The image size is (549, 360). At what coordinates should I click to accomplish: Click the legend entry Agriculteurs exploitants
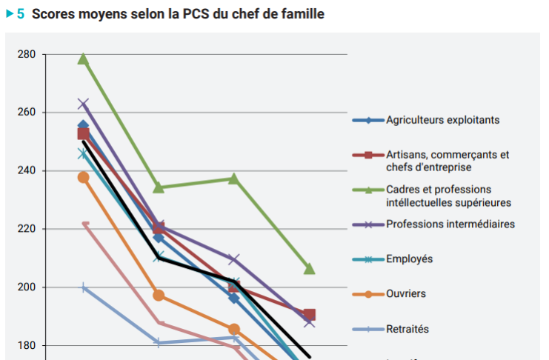coord(442,120)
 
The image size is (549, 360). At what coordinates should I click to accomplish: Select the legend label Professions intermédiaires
coord(450,224)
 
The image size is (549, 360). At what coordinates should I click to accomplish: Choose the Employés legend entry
coord(409,259)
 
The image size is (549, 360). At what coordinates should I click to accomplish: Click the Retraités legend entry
coord(407,329)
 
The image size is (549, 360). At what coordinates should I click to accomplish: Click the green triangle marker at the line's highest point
coord(84,59)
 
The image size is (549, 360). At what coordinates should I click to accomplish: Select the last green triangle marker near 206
coord(309,268)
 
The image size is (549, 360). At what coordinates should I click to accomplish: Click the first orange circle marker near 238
coord(84,177)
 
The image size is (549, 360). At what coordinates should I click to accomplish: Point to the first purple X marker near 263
coord(84,104)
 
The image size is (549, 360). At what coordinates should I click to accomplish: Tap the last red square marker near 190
coord(309,315)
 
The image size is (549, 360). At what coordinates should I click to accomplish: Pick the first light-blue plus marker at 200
coord(84,287)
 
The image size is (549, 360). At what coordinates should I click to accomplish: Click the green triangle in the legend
coord(367,190)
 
